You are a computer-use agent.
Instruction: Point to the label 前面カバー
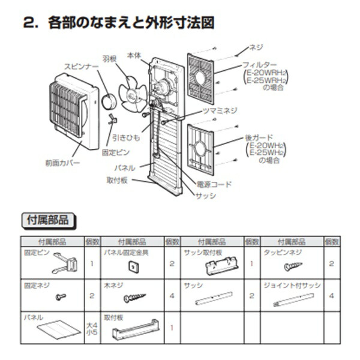tap(62, 163)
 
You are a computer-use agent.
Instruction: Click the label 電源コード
tap(214, 185)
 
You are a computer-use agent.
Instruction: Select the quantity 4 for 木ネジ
tap(172, 296)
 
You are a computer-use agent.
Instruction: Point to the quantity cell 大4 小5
tap(91, 328)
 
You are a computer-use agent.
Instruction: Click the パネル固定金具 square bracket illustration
tap(129, 266)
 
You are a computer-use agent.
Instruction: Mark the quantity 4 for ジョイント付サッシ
tap(331, 296)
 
